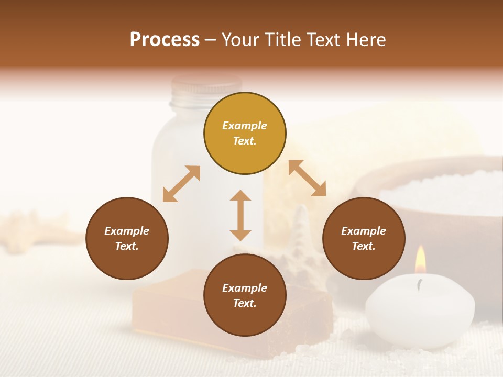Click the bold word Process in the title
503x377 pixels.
[x=165, y=40]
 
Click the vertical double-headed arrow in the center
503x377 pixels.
[x=240, y=215]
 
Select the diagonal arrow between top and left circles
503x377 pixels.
[x=181, y=183]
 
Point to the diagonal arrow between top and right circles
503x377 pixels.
[x=307, y=178]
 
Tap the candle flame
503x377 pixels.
[x=420, y=260]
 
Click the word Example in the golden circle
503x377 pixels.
[x=245, y=126]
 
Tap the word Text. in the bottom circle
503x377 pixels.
[x=245, y=303]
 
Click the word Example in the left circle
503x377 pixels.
[x=127, y=231]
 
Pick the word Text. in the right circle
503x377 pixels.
[x=364, y=246]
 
